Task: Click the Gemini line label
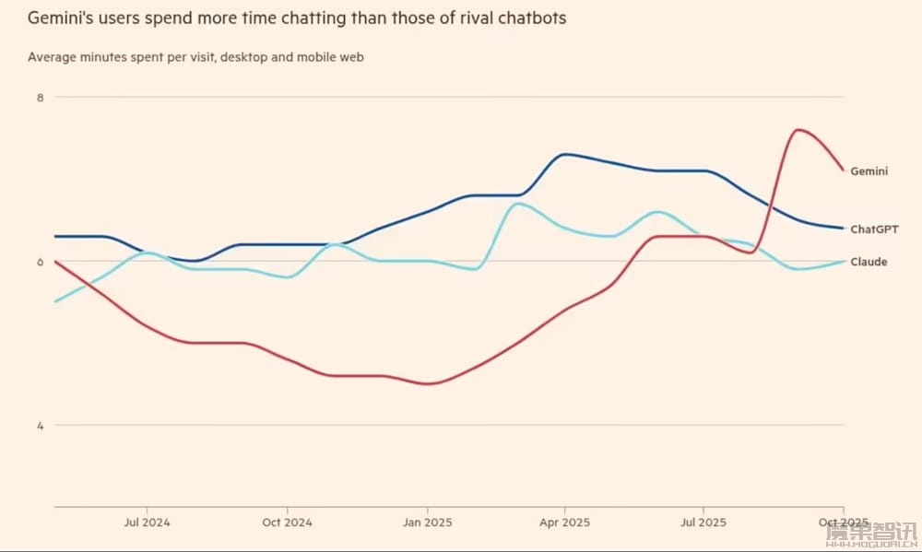click(x=869, y=170)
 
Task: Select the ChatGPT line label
click(x=874, y=229)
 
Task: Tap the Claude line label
click(x=869, y=262)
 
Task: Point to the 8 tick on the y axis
click(x=41, y=97)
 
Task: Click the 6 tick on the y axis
click(x=41, y=262)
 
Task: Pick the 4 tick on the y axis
click(x=41, y=426)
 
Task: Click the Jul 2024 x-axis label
click(x=148, y=523)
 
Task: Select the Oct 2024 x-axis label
click(x=287, y=523)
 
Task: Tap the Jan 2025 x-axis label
click(x=426, y=523)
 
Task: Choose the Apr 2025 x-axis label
click(x=564, y=523)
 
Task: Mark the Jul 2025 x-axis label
click(x=703, y=523)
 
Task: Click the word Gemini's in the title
click(x=62, y=18)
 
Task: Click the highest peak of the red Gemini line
click(x=798, y=129)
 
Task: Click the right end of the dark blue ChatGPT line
click(x=843, y=228)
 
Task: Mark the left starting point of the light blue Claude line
click(x=55, y=301)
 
